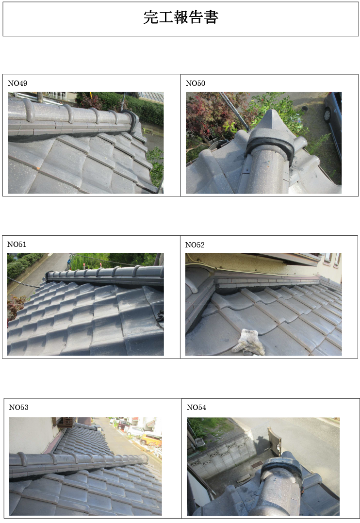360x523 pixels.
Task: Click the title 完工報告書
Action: (x=181, y=17)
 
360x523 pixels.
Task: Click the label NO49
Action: (x=17, y=83)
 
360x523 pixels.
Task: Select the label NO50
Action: (x=195, y=83)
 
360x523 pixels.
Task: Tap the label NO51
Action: (x=16, y=245)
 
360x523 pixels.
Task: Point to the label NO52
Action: (x=195, y=245)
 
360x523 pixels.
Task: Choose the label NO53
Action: (x=19, y=407)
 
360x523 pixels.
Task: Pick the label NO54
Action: (x=196, y=407)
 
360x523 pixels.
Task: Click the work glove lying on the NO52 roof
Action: (x=249, y=341)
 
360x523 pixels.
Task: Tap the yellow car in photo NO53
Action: (x=150, y=439)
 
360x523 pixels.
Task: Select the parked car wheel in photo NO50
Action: (x=327, y=115)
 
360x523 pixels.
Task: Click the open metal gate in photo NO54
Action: (x=274, y=441)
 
